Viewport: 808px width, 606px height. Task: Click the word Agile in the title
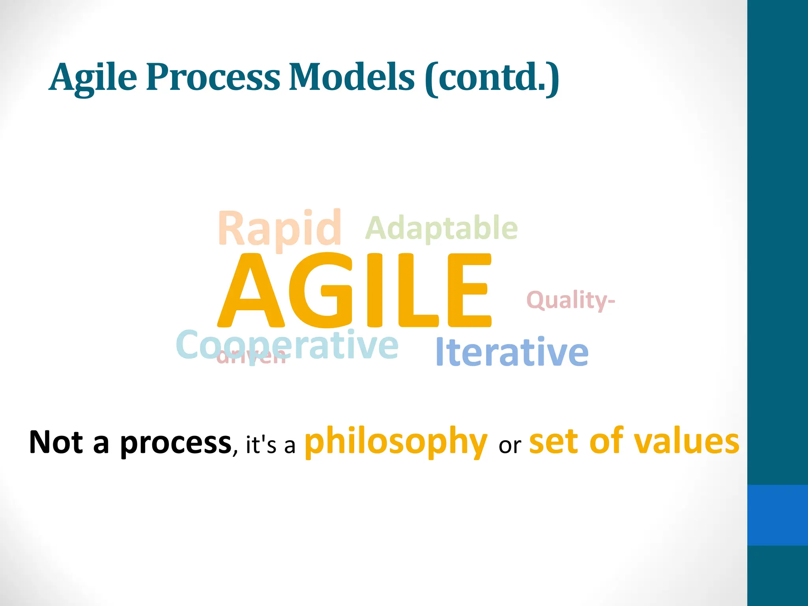[x=93, y=78]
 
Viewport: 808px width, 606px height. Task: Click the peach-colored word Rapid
[x=279, y=229]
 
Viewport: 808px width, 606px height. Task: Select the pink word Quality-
[x=570, y=300]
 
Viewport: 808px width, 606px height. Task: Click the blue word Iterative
[x=512, y=352]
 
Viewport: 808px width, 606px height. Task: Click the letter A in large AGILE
[x=251, y=292]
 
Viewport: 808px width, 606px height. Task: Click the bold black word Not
[x=56, y=442]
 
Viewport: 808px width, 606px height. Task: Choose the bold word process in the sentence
[x=176, y=444]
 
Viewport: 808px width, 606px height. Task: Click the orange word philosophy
[x=396, y=442]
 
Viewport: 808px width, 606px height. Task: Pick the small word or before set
[x=509, y=446]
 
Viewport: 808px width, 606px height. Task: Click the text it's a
[x=270, y=445]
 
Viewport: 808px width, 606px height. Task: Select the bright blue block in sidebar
[x=777, y=515]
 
